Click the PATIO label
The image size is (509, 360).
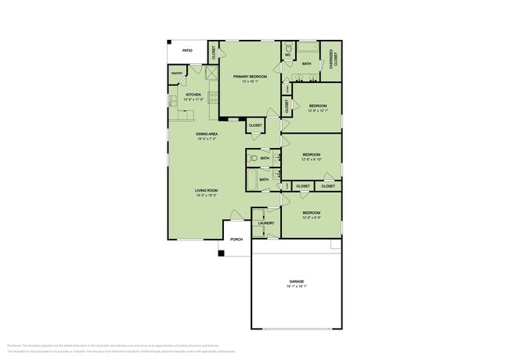click(187, 51)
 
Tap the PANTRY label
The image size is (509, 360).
click(177, 74)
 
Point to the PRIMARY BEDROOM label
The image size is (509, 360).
click(250, 76)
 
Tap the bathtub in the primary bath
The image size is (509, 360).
click(306, 49)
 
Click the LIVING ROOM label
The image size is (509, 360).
click(207, 190)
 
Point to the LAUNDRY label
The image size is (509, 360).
click(266, 223)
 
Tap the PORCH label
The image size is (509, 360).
click(236, 239)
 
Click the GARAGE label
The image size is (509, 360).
click(296, 281)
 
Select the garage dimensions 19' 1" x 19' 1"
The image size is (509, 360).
click(296, 286)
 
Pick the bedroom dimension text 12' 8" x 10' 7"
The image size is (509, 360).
click(317, 110)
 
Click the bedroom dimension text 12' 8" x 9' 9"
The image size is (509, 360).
click(312, 218)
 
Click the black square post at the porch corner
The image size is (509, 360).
click(222, 253)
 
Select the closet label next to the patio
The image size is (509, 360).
click(214, 53)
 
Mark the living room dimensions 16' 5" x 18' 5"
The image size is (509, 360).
click(207, 196)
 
